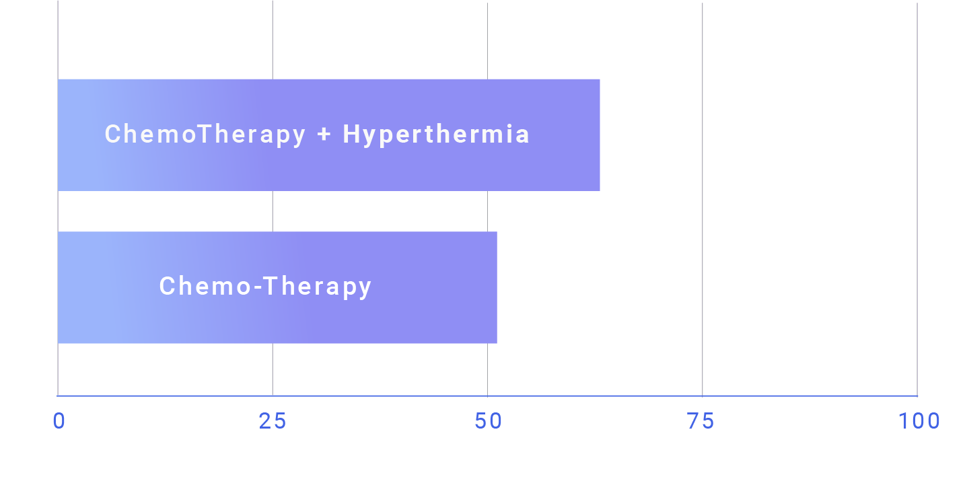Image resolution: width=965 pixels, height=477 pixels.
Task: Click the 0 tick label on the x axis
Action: [x=59, y=421]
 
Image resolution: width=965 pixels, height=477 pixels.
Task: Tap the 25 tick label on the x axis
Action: [x=273, y=421]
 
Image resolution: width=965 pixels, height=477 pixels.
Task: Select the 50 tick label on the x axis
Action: [x=488, y=421]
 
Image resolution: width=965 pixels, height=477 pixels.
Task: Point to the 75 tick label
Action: [x=701, y=421]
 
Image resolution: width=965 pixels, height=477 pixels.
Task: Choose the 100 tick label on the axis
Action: [x=919, y=421]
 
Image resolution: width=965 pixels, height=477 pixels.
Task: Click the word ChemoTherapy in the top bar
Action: [x=205, y=135]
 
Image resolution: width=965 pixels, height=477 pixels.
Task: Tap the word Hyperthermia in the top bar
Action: [x=436, y=135]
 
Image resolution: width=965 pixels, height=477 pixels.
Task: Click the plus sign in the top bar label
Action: [x=324, y=135]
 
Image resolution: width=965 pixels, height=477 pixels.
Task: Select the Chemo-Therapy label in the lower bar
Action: [x=265, y=287]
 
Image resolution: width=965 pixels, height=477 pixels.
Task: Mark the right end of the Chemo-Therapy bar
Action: [x=497, y=287]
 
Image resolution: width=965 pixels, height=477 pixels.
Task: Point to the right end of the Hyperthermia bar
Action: [x=600, y=135]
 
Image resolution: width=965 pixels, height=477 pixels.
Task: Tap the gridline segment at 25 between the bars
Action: [x=273, y=211]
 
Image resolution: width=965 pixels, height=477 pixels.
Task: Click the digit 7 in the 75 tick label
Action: [x=694, y=421]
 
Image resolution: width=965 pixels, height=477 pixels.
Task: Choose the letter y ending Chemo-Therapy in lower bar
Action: [x=365, y=289]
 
